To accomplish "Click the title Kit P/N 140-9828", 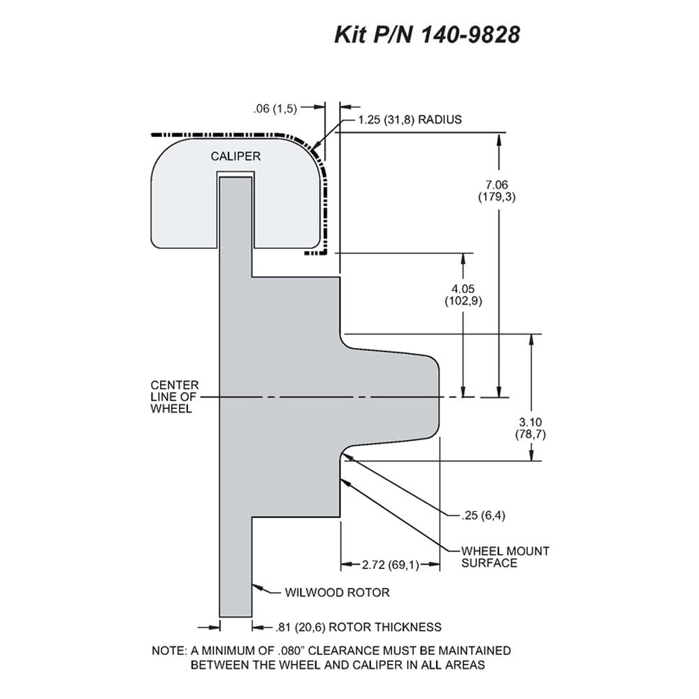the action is click(427, 35).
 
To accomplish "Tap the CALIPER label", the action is click(236, 157).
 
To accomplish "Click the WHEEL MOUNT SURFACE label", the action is click(505, 557).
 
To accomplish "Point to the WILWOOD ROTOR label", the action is click(337, 593).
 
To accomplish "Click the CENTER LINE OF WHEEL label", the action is click(174, 397).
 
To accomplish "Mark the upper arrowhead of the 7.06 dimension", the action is click(499, 138).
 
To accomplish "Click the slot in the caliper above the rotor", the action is click(236, 174).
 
